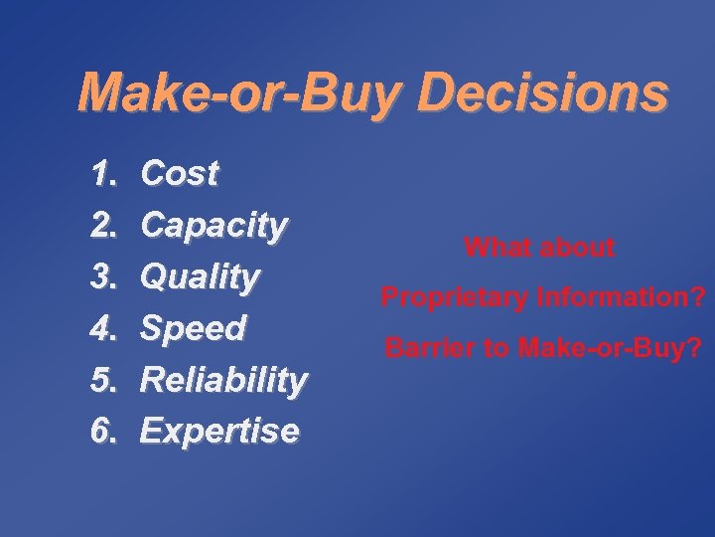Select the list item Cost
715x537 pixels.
coord(180,174)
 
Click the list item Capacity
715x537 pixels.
coord(214,226)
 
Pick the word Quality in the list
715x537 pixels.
coord(201,276)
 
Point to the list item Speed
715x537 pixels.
coord(193,328)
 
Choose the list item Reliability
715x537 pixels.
coord(223,379)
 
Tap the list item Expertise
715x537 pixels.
coord(218,431)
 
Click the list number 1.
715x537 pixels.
coord(104,174)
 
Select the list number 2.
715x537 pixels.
coord(104,226)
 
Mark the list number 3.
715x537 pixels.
coord(104,276)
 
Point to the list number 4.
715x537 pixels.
coord(104,328)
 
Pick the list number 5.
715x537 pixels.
coord(104,379)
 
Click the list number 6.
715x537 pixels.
coord(104,431)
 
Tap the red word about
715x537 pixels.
coord(580,248)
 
